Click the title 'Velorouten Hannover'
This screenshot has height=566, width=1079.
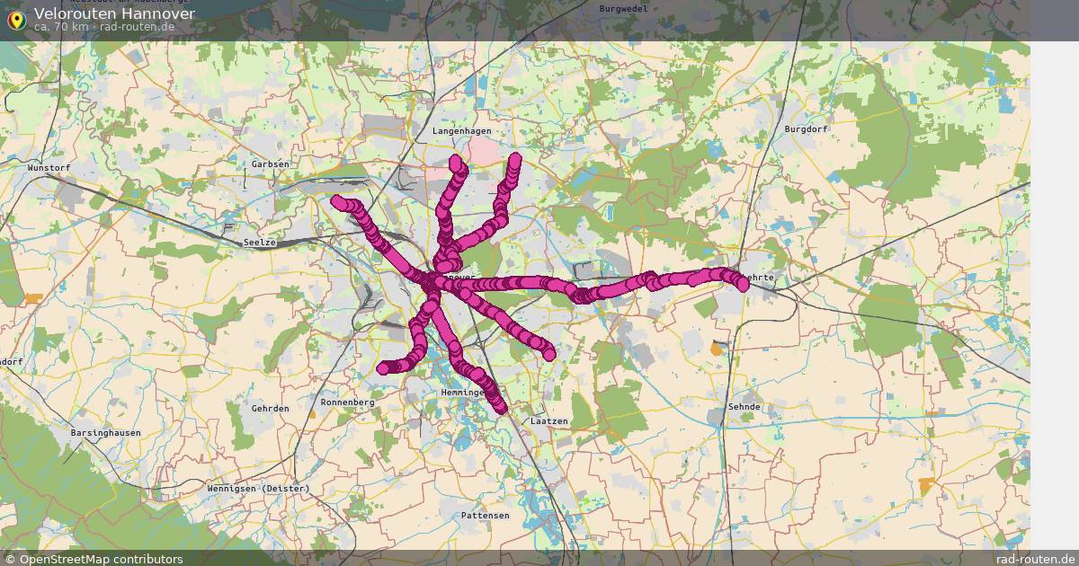pyautogui.click(x=114, y=13)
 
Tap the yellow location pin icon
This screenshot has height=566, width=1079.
pyautogui.click(x=15, y=19)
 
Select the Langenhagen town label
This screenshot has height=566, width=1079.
pyautogui.click(x=462, y=131)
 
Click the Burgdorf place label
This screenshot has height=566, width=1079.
pyautogui.click(x=805, y=129)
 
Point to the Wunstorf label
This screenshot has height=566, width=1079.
pyautogui.click(x=49, y=168)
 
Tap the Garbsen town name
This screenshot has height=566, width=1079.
pyautogui.click(x=271, y=164)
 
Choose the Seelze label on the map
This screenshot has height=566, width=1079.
pyautogui.click(x=259, y=243)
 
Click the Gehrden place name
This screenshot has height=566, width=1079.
pyautogui.click(x=271, y=408)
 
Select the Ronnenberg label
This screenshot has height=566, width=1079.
pyautogui.click(x=347, y=402)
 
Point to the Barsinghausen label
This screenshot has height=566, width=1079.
pyautogui.click(x=105, y=432)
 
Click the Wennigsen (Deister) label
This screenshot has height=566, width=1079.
pyautogui.click(x=258, y=489)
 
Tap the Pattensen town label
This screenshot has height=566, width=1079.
pyautogui.click(x=485, y=516)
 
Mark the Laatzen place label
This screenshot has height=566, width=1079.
pyautogui.click(x=549, y=420)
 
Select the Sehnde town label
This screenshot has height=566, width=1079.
pyautogui.click(x=745, y=407)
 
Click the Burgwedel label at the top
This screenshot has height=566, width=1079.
pyautogui.click(x=623, y=8)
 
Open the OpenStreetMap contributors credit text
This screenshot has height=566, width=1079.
pyautogui.click(x=101, y=559)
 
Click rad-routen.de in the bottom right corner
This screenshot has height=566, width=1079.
pyautogui.click(x=1035, y=559)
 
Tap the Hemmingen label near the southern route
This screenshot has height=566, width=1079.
pyautogui.click(x=464, y=394)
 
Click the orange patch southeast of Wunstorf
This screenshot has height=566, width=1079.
pyautogui.click(x=33, y=297)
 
